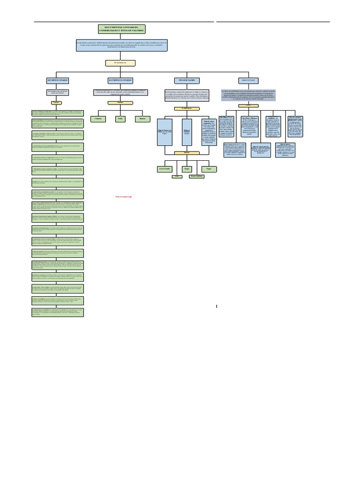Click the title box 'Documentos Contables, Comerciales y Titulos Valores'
tap(121, 29)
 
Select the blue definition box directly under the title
tap(121, 45)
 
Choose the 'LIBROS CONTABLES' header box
tap(248, 80)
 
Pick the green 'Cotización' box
tap(98, 119)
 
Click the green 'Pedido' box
tap(120, 119)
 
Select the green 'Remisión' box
tap(142, 119)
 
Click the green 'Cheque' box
tap(187, 167)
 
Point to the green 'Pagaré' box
tap(209, 167)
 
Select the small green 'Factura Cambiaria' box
tap(196, 176)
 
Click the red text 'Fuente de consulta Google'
tap(124, 197)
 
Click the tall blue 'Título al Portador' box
tap(187, 132)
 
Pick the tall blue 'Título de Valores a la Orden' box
tap(165, 132)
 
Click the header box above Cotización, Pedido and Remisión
tap(120, 80)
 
